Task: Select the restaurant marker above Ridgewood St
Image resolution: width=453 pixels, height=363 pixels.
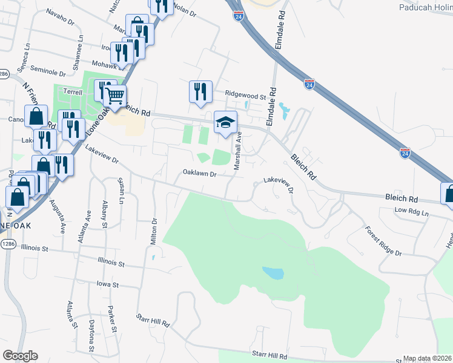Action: point(200,92)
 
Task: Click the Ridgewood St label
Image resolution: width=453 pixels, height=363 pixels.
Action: point(246,96)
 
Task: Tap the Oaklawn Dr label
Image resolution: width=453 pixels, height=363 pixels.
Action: point(200,174)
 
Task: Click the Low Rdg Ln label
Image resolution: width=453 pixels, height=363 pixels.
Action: point(411,212)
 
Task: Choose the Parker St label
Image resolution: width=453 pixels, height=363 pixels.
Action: point(112,320)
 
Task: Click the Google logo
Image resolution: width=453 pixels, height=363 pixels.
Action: point(20,356)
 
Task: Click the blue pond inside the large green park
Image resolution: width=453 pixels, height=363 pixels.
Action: point(273,273)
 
